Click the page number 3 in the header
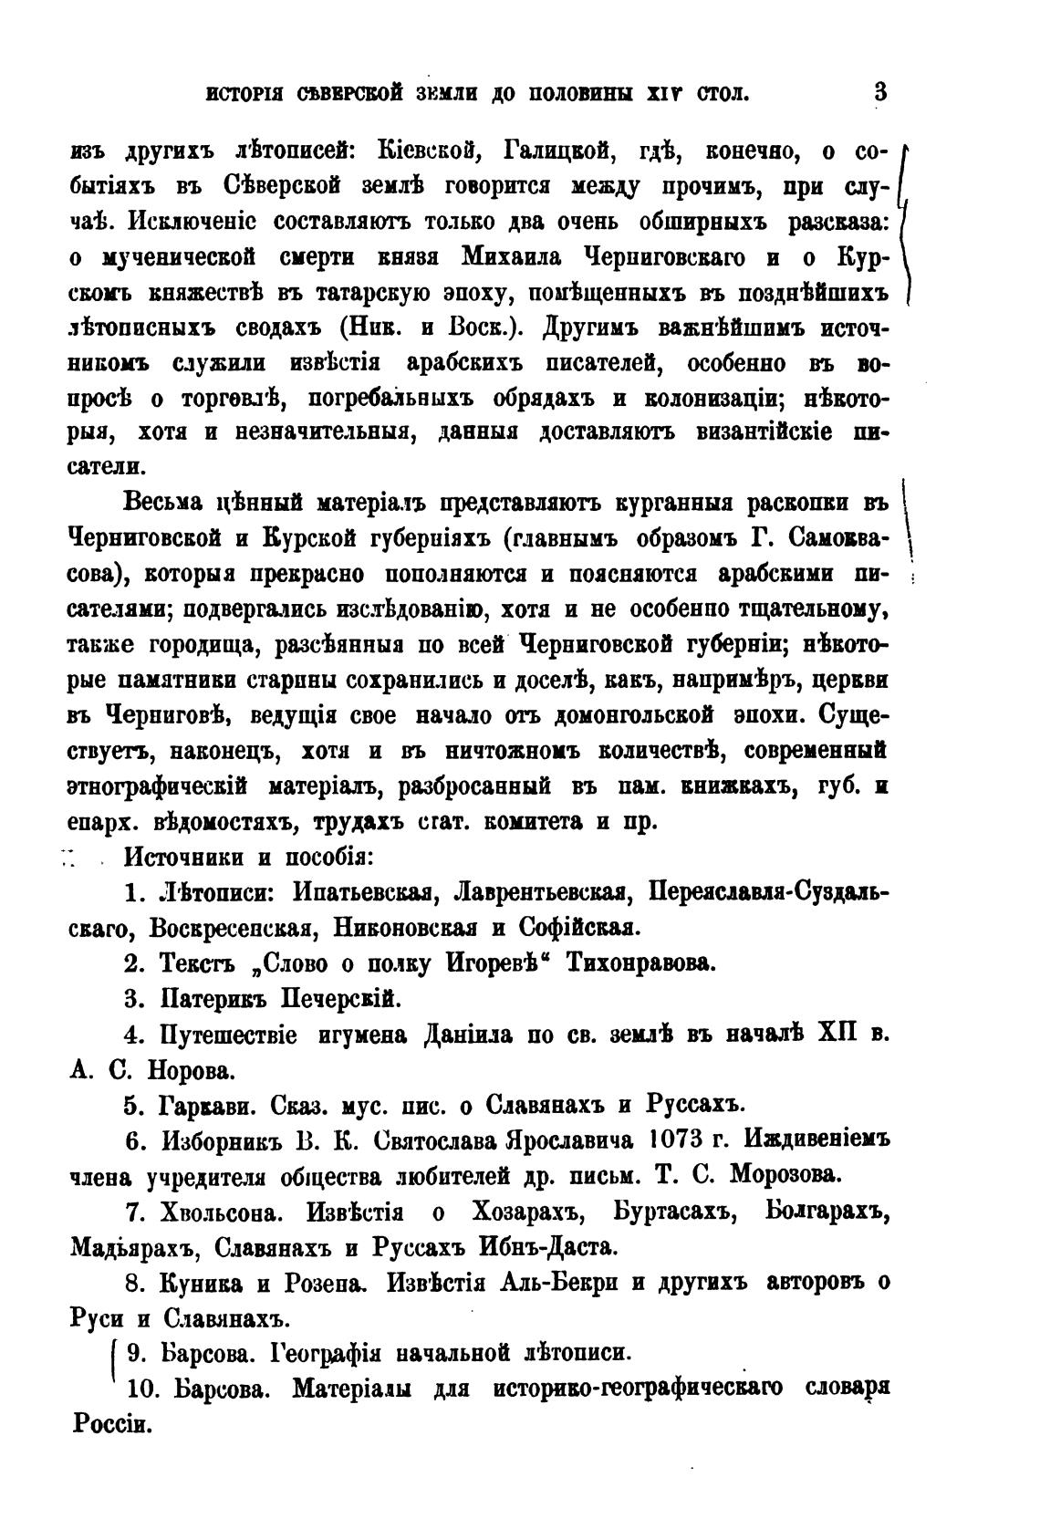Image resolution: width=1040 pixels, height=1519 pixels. [879, 92]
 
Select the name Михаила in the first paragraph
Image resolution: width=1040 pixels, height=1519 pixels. [515, 257]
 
